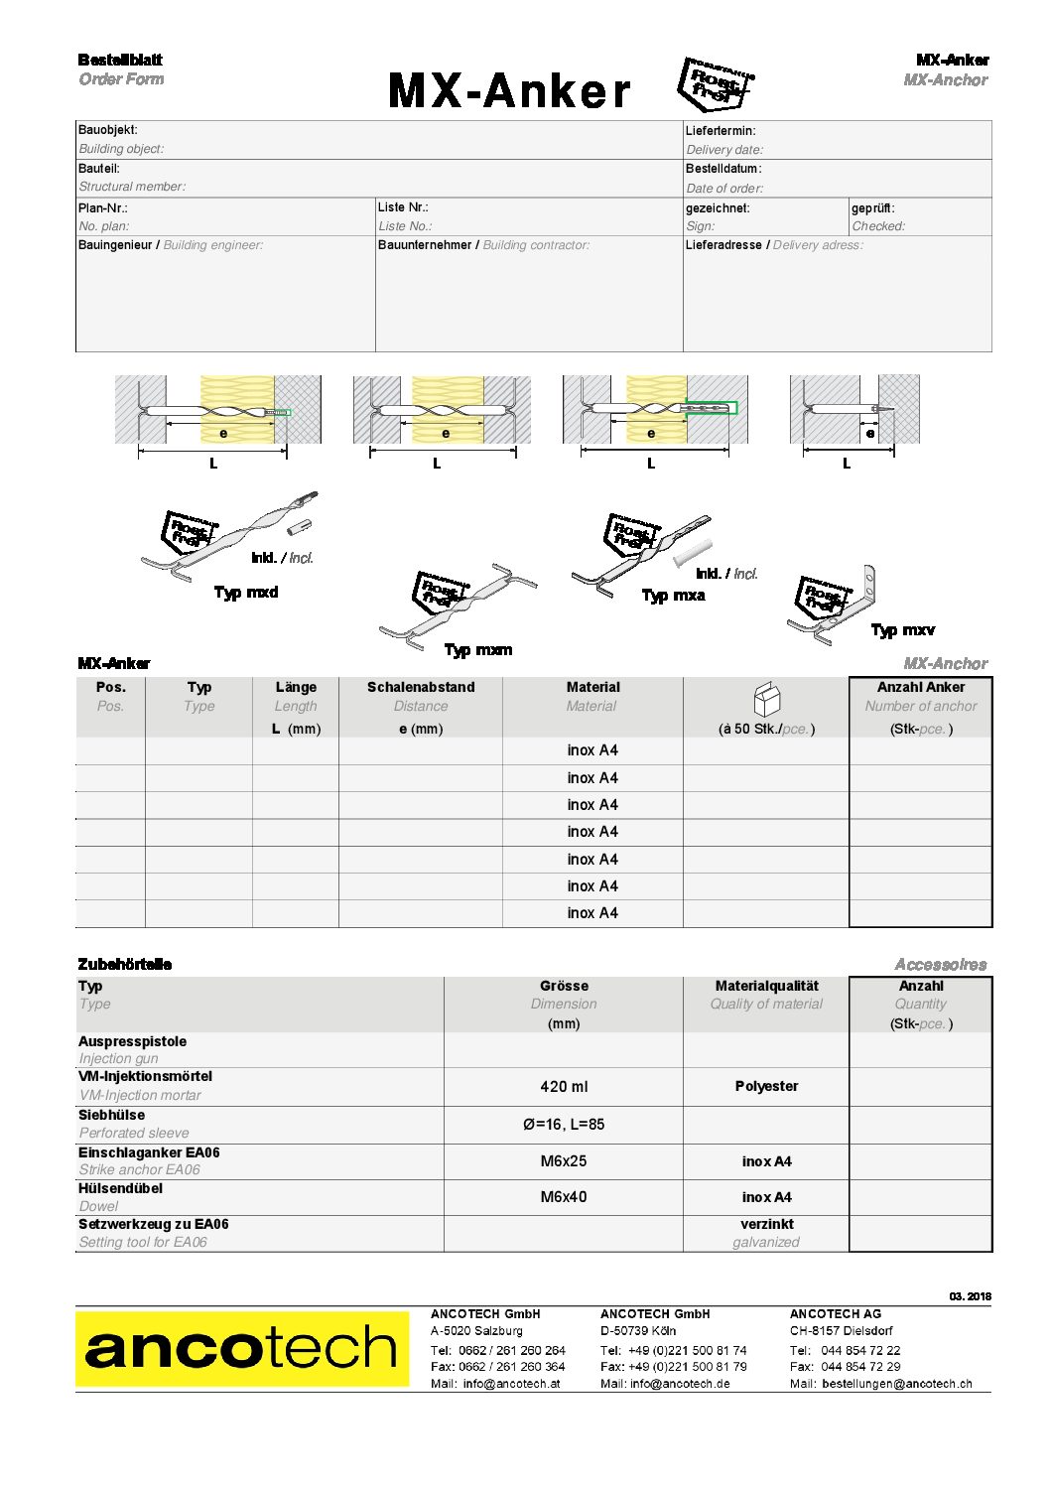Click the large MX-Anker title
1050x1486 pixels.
(x=508, y=91)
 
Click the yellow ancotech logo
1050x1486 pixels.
(x=242, y=1348)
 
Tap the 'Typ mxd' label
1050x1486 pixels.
(x=246, y=593)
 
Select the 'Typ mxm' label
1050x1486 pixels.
(x=478, y=650)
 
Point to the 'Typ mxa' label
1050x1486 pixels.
(x=673, y=596)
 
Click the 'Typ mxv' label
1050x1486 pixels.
(x=902, y=630)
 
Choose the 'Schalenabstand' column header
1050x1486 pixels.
(x=421, y=687)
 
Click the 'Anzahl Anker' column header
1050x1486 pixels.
(x=920, y=687)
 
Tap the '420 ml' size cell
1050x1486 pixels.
(x=564, y=1087)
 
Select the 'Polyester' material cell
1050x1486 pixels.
(x=766, y=1086)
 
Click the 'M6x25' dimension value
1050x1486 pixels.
(x=564, y=1160)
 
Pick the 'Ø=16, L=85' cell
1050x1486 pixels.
(x=564, y=1125)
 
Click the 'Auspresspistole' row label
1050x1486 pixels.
(x=132, y=1041)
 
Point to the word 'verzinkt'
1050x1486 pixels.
(x=766, y=1224)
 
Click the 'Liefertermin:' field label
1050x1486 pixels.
(x=721, y=131)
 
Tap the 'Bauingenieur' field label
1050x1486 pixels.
(x=115, y=245)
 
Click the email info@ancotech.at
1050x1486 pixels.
(x=511, y=1384)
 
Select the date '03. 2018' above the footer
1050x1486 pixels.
(x=970, y=1296)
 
